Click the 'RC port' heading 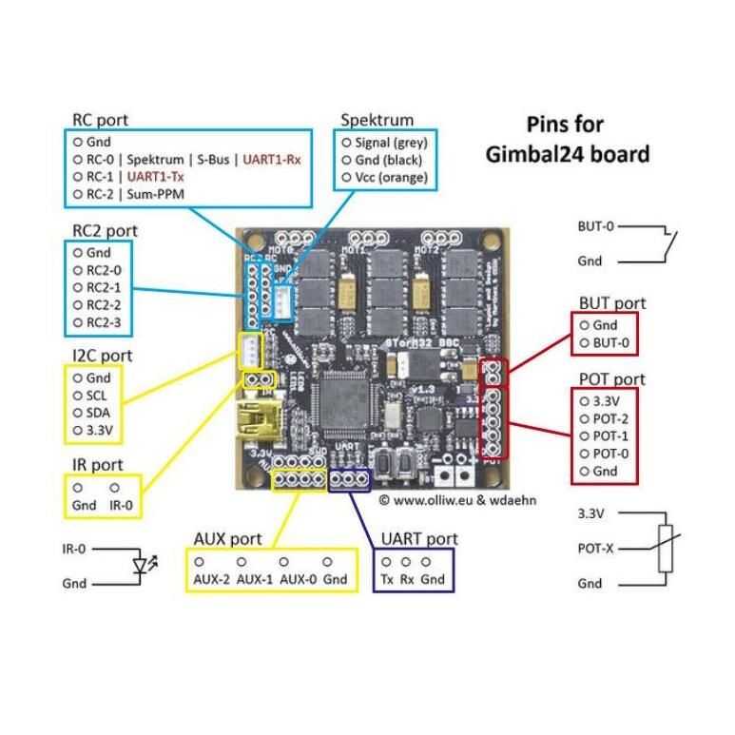[x=100, y=121]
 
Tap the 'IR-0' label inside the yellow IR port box [x=121, y=504]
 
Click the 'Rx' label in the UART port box [x=406, y=578]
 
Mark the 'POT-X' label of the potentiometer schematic [x=598, y=549]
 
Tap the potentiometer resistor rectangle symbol [x=666, y=549]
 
